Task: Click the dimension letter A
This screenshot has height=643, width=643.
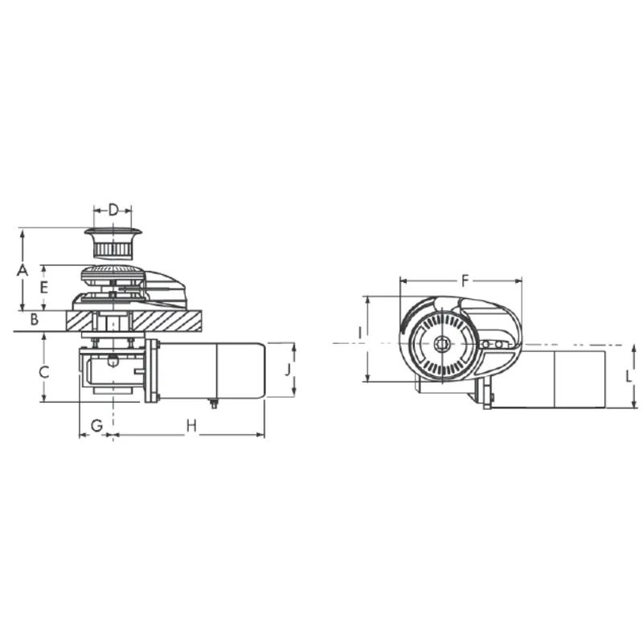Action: point(23,270)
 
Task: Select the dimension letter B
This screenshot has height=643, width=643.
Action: point(34,320)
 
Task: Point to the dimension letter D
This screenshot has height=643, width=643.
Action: point(113,211)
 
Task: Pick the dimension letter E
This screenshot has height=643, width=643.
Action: point(45,287)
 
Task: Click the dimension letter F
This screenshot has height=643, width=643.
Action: point(465,281)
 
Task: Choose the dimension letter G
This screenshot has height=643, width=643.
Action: point(96,425)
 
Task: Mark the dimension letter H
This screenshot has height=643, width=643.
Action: point(191,425)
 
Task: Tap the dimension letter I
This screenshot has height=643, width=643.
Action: point(361,331)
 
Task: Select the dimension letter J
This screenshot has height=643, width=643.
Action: point(287,371)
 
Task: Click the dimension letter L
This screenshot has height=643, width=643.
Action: point(629,376)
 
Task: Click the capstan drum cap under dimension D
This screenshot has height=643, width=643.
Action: point(113,240)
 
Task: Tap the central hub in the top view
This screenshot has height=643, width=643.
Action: point(441,344)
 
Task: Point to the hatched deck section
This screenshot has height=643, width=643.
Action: point(169,320)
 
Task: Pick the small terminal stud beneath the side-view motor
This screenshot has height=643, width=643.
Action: point(213,403)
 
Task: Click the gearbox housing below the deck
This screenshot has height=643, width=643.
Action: point(111,370)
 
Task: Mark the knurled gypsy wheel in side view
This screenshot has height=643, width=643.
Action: point(113,272)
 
